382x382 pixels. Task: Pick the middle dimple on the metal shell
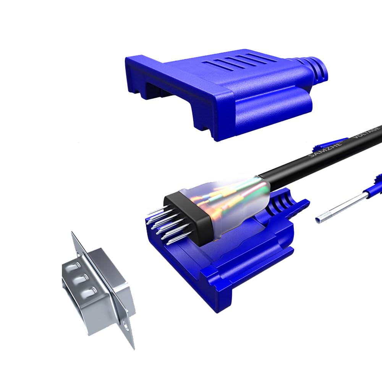pos(82,280)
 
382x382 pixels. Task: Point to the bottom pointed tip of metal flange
pos(133,348)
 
